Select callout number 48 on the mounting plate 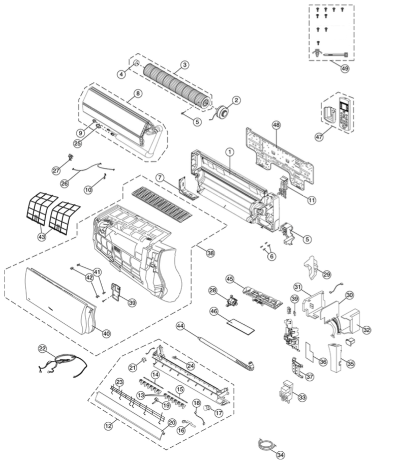click(277, 125)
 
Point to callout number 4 click(121, 74)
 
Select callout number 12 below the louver click(108, 426)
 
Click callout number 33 click(302, 397)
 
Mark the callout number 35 click(351, 363)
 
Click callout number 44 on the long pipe click(180, 326)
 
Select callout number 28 click(212, 290)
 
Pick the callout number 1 click(230, 151)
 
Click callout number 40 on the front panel click(106, 333)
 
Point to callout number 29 click(326, 274)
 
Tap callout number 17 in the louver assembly click(219, 413)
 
